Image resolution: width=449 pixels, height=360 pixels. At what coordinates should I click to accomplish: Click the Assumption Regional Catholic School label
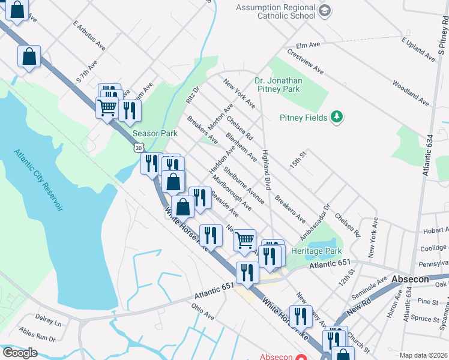[275, 11]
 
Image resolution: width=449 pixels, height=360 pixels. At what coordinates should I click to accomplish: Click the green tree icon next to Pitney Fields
[337, 117]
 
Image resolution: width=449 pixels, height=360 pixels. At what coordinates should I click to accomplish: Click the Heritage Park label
[316, 251]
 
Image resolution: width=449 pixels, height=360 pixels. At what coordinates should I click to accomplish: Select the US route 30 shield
[139, 147]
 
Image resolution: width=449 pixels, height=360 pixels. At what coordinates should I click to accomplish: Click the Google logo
[20, 353]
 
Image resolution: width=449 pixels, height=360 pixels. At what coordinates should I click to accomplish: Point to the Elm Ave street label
[308, 45]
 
